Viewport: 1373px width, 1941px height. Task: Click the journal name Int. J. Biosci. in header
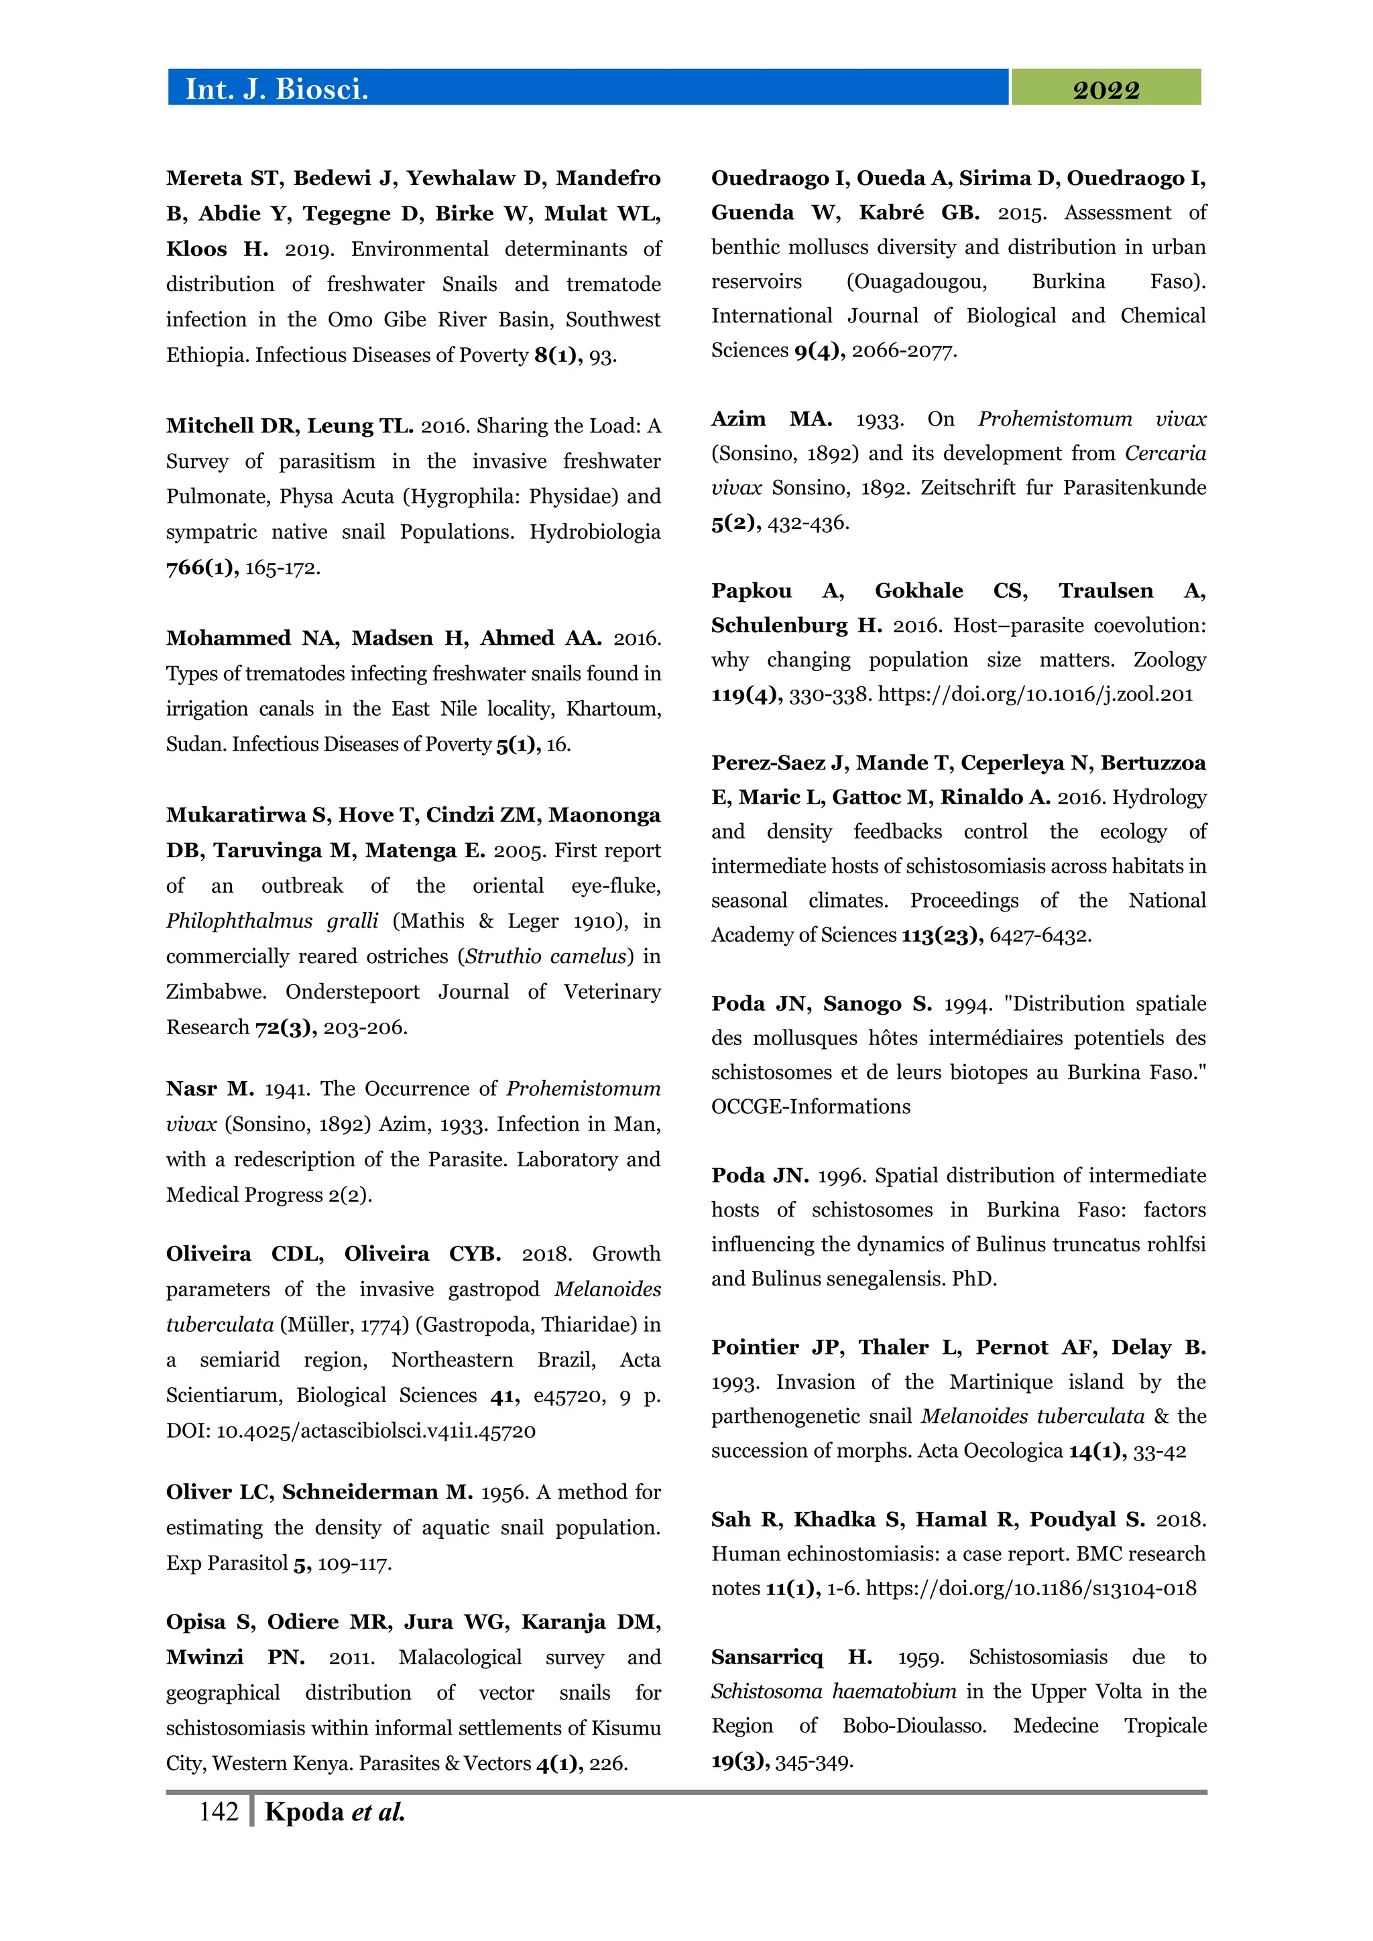pyautogui.click(x=276, y=88)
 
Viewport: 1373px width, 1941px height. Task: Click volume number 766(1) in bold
pyautogui.click(x=201, y=567)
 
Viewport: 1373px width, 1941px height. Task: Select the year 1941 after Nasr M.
pyautogui.click(x=286, y=1089)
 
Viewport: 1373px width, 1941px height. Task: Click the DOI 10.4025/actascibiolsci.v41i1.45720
pyautogui.click(x=376, y=1431)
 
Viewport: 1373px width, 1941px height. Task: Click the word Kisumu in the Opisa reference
pyautogui.click(x=624, y=1728)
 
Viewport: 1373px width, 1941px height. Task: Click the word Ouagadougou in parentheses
pyautogui.click(x=916, y=281)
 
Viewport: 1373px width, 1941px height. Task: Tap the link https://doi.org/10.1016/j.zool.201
pyautogui.click(x=1035, y=694)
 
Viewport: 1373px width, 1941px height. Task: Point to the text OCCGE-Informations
pyautogui.click(x=810, y=1107)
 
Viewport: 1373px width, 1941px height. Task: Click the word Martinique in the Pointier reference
pyautogui.click(x=1000, y=1381)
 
